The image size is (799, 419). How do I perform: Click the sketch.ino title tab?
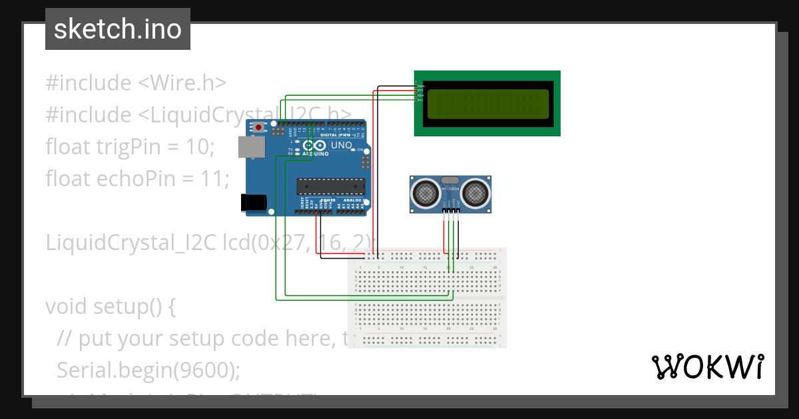pos(117,29)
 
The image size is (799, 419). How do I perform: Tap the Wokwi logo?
pos(707,366)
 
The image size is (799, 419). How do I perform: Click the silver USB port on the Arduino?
pos(251,147)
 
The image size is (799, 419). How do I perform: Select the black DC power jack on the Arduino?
pos(254,202)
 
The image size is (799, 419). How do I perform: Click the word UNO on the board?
pos(342,145)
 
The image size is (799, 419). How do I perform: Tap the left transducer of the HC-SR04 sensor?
pos(425,193)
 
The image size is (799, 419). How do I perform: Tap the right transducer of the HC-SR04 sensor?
pos(475,193)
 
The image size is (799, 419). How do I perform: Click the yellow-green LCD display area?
pos(487,104)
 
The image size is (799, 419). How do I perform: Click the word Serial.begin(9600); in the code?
pos(148,370)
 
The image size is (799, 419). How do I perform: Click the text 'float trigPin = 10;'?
pos(130,146)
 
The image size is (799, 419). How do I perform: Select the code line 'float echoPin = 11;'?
pos(137,178)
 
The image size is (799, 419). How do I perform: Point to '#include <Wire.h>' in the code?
pos(136,83)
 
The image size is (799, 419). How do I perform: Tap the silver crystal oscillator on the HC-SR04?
pos(451,180)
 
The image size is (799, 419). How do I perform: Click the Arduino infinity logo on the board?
pos(313,146)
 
